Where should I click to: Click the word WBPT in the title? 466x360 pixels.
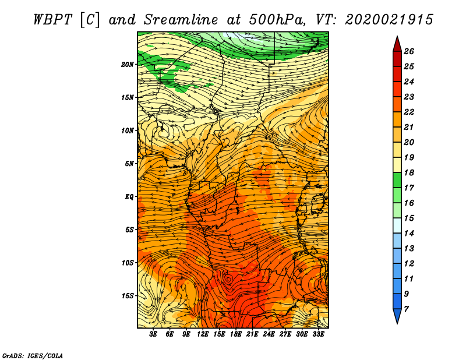[53, 20]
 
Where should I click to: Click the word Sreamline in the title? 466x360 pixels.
[181, 20]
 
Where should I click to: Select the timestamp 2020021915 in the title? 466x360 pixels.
[389, 20]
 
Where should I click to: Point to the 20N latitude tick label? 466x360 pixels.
[127, 65]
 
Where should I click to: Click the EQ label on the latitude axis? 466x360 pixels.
[129, 197]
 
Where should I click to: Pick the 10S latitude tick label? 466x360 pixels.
[127, 263]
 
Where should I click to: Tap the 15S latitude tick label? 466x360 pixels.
[127, 296]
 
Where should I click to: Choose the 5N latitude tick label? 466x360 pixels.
[129, 164]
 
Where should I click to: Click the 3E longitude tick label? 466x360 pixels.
[153, 334]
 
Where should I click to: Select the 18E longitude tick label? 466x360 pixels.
[236, 334]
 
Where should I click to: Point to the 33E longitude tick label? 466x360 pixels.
[318, 334]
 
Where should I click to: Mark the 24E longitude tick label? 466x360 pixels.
[269, 334]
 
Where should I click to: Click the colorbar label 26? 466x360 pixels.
[409, 51]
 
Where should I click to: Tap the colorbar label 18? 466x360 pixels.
[409, 172]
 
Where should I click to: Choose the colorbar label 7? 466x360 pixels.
[406, 309]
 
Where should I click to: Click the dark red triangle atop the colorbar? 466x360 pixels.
[397, 45]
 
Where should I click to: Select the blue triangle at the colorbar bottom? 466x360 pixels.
[397, 315]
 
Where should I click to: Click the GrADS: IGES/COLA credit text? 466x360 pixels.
[33, 356]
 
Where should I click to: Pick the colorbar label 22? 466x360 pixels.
[409, 112]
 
